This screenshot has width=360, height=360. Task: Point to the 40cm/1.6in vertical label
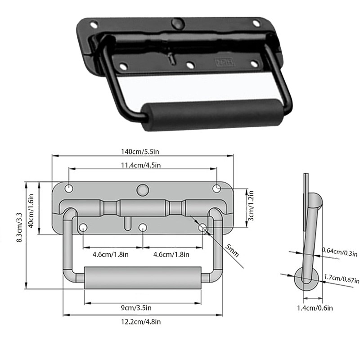31,211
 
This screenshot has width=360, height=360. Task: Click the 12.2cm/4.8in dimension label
142,321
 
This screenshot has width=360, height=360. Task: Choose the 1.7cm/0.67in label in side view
341,279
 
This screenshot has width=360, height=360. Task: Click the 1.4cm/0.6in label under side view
315,308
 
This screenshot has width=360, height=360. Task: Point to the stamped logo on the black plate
223,63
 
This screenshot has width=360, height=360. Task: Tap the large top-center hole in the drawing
143,189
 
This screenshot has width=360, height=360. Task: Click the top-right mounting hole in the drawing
217,188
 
